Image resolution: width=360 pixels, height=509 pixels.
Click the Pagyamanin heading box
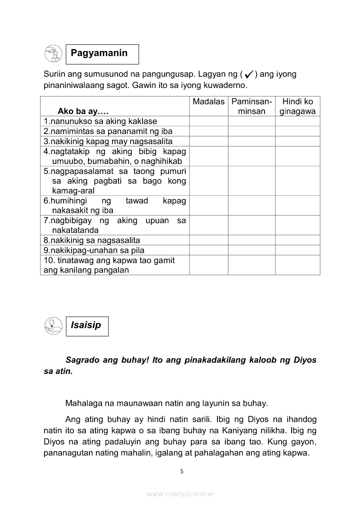102,54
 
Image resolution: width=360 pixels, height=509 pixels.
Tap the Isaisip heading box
87,326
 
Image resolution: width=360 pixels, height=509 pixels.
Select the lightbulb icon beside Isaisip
53,326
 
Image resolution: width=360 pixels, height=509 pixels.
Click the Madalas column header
208,102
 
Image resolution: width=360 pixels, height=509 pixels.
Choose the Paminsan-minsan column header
251,106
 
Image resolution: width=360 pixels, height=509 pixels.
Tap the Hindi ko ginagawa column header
298,106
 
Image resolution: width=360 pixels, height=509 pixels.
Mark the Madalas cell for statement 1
208,121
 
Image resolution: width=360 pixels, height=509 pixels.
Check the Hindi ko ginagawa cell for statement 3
298,141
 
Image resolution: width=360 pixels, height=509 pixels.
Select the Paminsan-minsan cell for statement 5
251,181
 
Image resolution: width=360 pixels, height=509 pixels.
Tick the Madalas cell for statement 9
208,250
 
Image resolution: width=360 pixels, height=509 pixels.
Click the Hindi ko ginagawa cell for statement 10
298,265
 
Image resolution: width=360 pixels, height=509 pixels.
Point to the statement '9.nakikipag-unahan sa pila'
94,250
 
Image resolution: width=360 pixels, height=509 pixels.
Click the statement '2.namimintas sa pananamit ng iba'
108,131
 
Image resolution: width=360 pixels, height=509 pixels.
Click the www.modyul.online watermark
180,494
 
